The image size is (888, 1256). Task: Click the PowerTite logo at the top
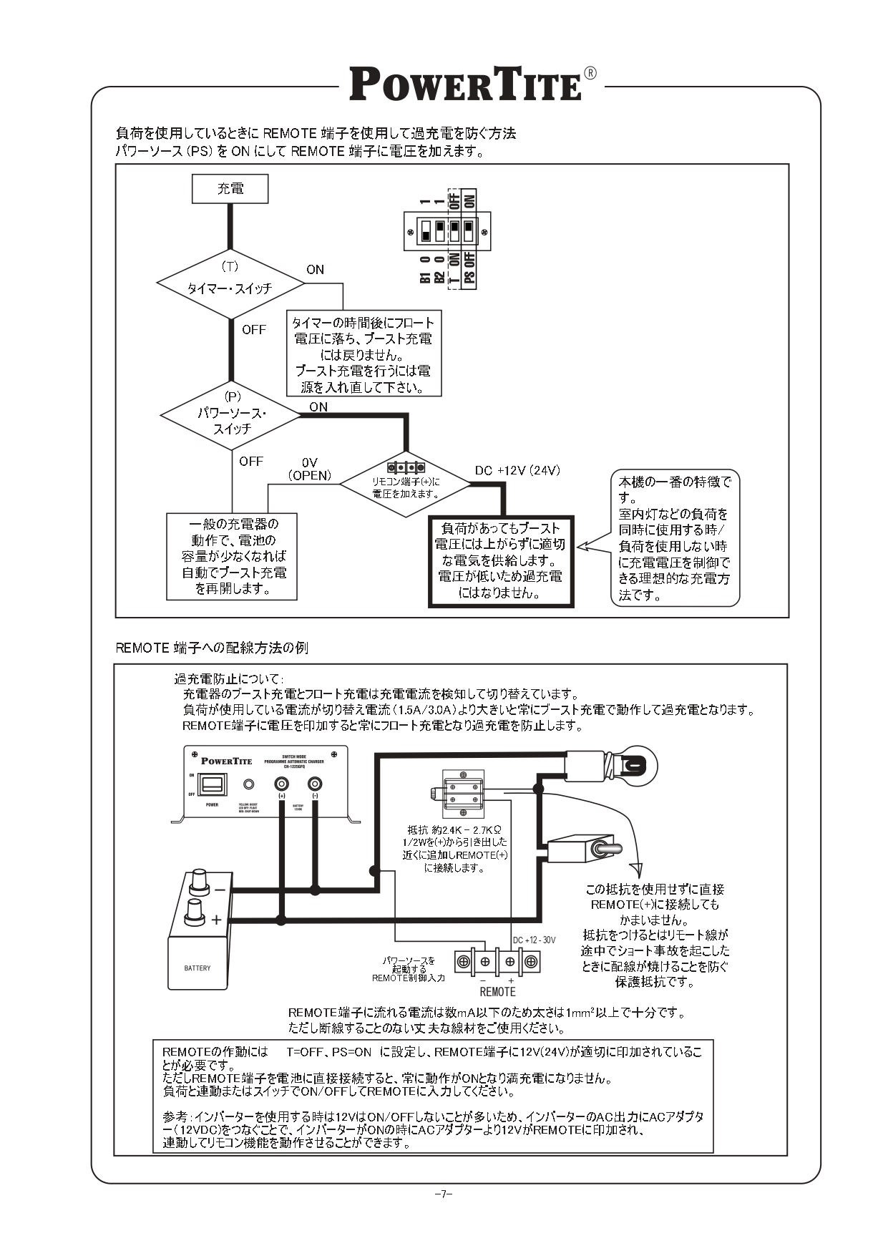(x=466, y=84)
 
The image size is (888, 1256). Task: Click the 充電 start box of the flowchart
(x=230, y=189)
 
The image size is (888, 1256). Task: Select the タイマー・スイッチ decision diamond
(x=230, y=284)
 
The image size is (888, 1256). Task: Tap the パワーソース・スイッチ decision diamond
(x=231, y=416)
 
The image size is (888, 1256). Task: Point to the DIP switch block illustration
(x=447, y=232)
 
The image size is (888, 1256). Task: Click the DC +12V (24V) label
(x=517, y=470)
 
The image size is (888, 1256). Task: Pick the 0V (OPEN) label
(x=309, y=469)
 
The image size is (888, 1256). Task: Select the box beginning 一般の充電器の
(x=232, y=556)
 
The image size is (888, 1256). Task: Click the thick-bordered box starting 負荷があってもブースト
(x=500, y=561)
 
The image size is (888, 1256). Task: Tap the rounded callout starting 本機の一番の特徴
(x=674, y=538)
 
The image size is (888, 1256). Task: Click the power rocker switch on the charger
(x=213, y=784)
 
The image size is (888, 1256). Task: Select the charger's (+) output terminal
(x=281, y=784)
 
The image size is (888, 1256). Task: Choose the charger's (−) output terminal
(x=314, y=784)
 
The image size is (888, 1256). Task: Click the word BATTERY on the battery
(x=197, y=968)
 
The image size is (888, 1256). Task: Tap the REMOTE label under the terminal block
(x=497, y=992)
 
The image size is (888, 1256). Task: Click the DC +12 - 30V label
(x=534, y=940)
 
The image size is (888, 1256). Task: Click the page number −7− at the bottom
(x=444, y=1194)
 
